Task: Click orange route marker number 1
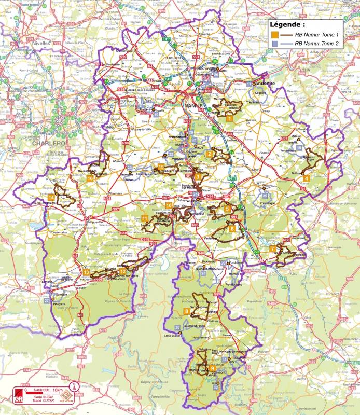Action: click(229, 119)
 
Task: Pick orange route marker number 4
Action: click(307, 178)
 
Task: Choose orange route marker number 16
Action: click(90, 178)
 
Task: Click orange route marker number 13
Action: click(86, 272)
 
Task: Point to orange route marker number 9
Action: click(213, 368)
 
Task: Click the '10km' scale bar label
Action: click(58, 390)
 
